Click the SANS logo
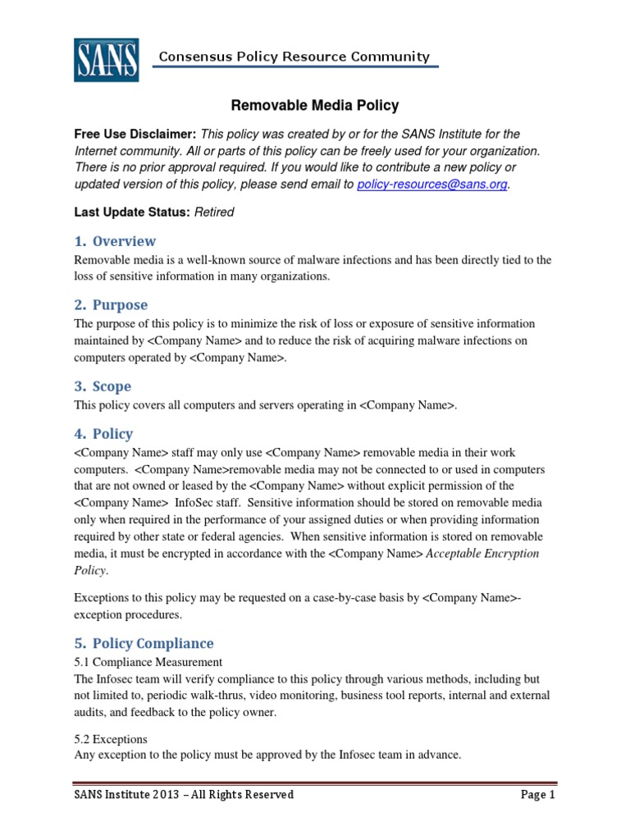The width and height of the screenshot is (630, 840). [x=106, y=59]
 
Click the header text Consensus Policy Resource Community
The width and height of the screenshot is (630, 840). [x=294, y=57]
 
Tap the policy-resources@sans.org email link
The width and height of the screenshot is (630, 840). [x=432, y=185]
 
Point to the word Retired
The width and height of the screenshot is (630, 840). [x=214, y=212]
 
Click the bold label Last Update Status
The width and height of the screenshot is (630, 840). [x=132, y=212]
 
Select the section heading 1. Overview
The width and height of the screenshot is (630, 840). [x=115, y=241]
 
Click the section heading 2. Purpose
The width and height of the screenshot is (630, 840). [x=112, y=305]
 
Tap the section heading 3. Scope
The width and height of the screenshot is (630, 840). [x=103, y=386]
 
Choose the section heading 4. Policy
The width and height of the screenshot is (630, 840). [x=104, y=433]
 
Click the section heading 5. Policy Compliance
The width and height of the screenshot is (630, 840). [x=144, y=643]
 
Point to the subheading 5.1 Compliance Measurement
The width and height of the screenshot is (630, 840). [x=148, y=661]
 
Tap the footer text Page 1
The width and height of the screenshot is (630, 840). [x=537, y=795]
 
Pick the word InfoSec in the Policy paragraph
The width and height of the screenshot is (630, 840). [x=194, y=502]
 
